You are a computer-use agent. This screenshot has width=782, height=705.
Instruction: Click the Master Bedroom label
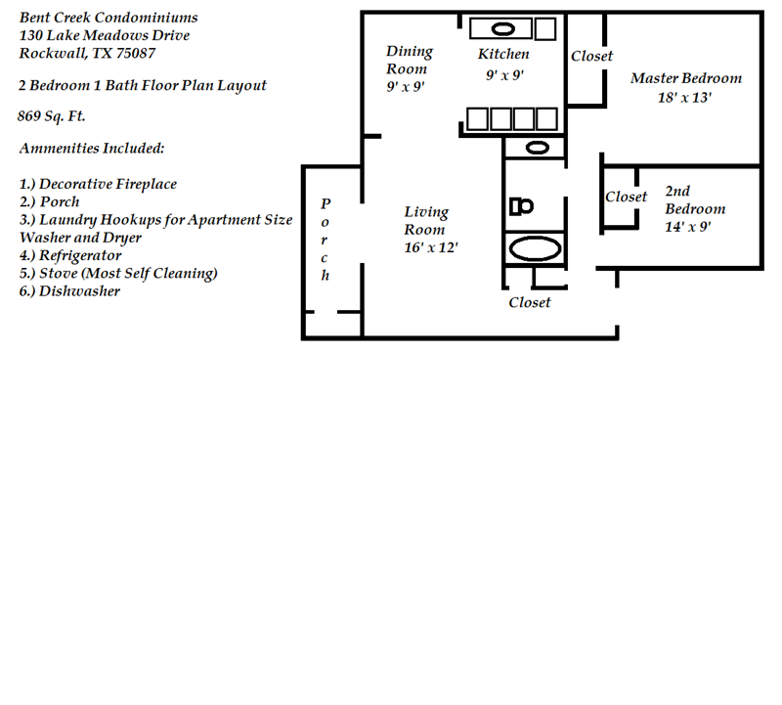point(685,78)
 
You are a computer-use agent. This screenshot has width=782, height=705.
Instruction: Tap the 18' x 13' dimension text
point(684,98)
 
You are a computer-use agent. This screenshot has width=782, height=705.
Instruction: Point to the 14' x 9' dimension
point(688,227)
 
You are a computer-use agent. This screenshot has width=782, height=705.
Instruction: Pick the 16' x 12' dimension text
point(431,247)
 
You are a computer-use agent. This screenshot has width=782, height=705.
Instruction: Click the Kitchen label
point(503,54)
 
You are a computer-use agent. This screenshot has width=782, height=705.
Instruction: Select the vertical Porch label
point(326,240)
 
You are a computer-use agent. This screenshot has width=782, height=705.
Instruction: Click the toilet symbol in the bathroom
point(522,206)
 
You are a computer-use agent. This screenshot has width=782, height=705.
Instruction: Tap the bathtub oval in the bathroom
point(534,247)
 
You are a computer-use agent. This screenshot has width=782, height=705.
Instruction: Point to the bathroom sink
point(537,148)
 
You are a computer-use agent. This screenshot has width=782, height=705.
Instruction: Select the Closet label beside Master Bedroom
point(591,56)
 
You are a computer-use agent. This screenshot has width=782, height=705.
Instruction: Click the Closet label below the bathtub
point(530,303)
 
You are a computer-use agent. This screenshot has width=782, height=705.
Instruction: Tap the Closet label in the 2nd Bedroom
point(626,197)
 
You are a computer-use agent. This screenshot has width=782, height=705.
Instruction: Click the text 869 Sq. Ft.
point(52,116)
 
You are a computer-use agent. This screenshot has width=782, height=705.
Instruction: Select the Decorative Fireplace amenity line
point(98,184)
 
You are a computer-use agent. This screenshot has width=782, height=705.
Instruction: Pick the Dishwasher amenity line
point(69,290)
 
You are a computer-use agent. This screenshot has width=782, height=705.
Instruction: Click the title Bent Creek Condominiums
point(108,18)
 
